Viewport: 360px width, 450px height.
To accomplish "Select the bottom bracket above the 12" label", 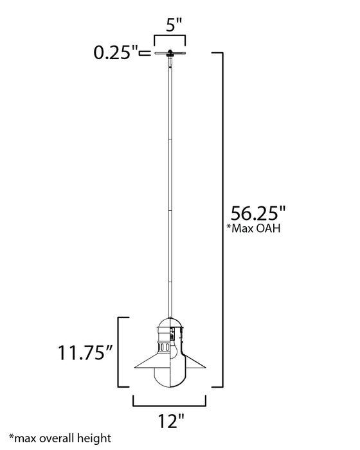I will coord(170,404).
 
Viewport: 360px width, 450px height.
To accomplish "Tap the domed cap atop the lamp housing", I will coord(170,324).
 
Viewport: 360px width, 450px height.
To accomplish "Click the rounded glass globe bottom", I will coord(170,379).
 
